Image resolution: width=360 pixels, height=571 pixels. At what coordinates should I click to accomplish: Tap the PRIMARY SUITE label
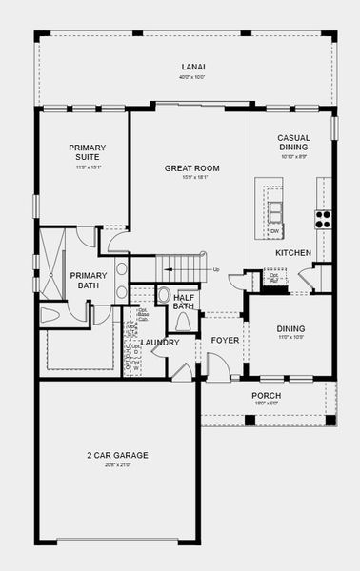(87, 152)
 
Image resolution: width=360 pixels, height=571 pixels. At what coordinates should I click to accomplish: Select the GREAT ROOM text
(191, 168)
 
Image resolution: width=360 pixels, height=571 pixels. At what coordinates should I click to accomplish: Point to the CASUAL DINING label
(292, 143)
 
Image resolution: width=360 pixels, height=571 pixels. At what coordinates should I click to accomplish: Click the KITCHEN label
(292, 253)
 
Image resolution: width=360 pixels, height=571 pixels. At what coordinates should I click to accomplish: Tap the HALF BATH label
(184, 302)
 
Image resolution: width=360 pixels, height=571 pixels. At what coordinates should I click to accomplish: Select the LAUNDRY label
(159, 342)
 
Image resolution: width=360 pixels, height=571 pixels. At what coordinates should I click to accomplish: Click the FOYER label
(225, 340)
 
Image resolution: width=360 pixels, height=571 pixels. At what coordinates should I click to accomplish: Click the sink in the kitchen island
(275, 210)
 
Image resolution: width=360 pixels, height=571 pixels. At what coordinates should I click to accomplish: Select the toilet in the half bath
(163, 295)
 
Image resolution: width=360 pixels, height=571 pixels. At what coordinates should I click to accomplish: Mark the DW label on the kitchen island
(274, 231)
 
